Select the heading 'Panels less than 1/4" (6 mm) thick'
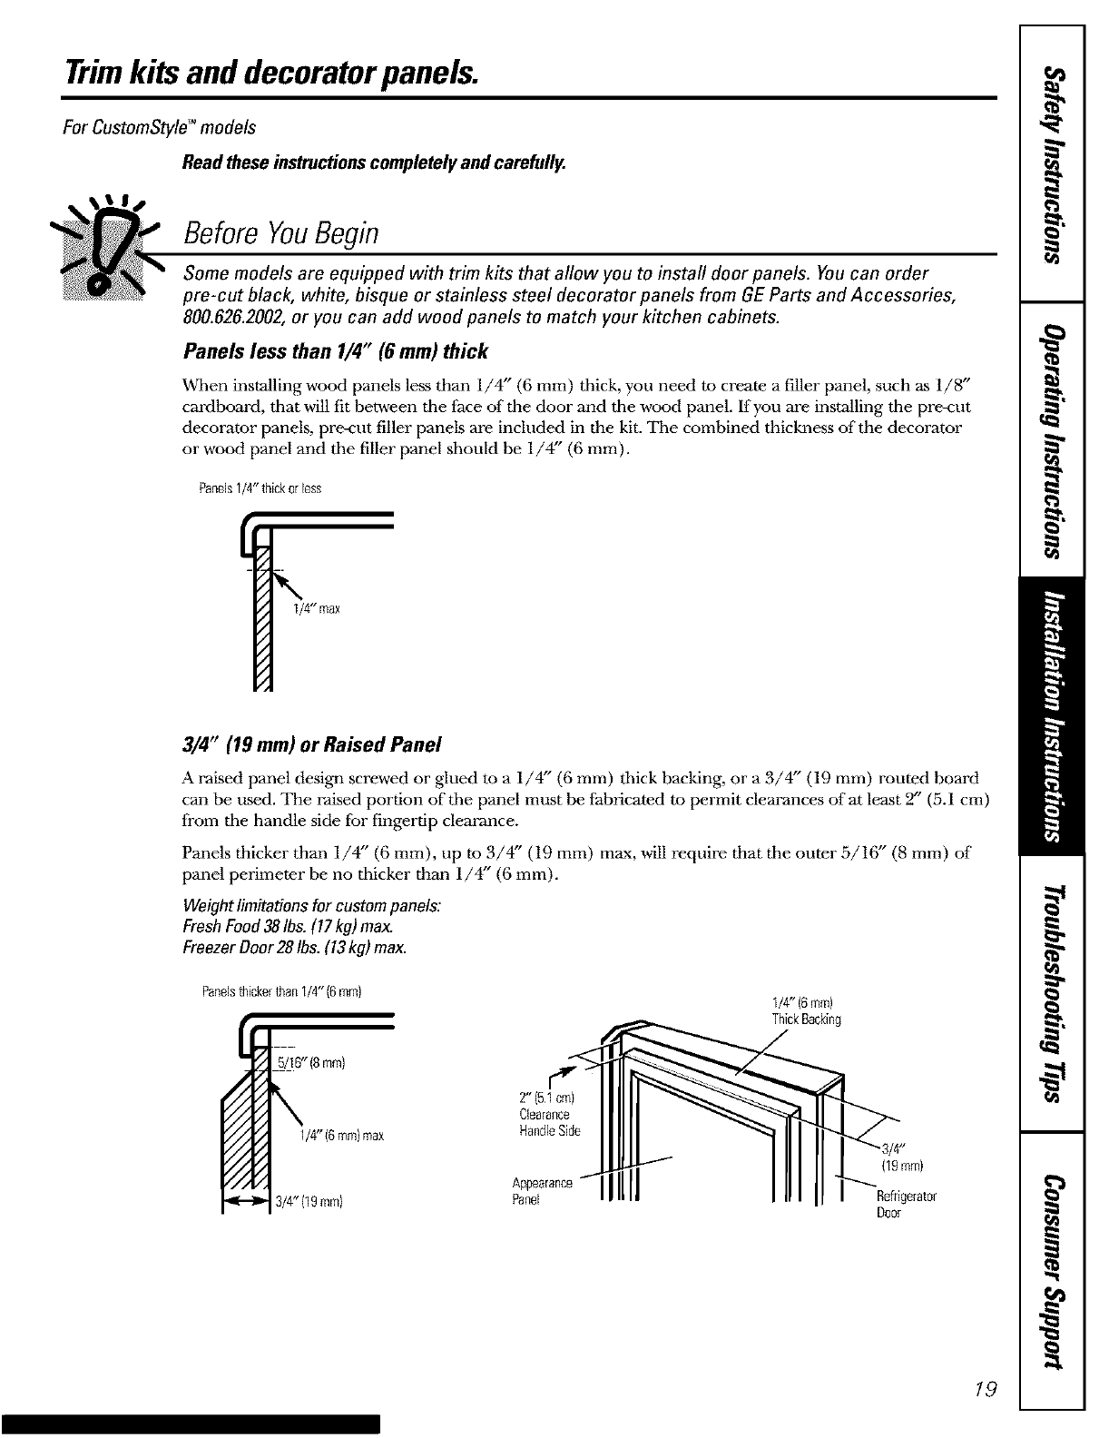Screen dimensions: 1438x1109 coord(335,351)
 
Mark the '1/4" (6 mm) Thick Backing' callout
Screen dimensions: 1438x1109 coord(806,1011)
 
